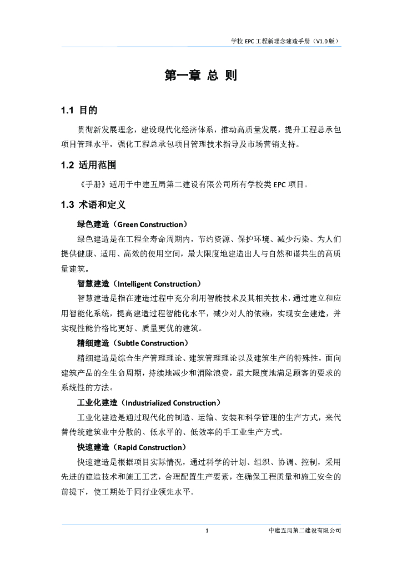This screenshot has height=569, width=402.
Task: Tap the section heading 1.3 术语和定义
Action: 93,204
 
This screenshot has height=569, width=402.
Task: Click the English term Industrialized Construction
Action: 170,402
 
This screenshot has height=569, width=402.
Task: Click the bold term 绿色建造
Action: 93,224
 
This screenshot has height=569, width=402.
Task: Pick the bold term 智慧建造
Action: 93,283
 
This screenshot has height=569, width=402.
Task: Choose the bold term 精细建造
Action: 93,343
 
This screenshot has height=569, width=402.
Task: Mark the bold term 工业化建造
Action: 97,402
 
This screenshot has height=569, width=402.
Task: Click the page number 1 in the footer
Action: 207,531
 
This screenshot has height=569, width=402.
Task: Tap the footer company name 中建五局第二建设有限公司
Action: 304,531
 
